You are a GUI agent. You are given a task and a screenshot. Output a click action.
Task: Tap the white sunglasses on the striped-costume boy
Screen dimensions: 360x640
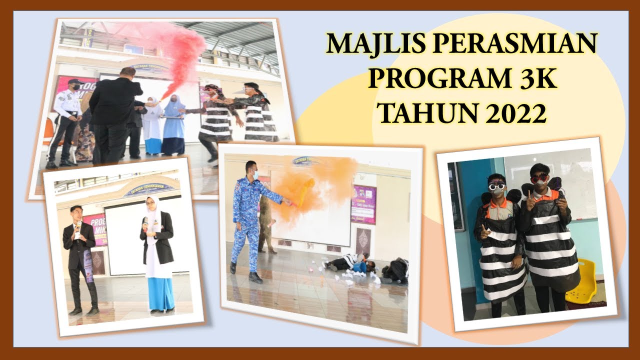[x=497, y=186]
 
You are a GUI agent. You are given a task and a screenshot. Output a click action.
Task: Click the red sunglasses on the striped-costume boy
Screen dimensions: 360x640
[x=539, y=178]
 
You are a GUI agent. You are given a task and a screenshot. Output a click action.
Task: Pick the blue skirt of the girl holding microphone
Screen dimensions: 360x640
[x=161, y=293]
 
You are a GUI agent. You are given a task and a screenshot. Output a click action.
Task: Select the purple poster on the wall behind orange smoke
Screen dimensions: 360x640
[x=363, y=204]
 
